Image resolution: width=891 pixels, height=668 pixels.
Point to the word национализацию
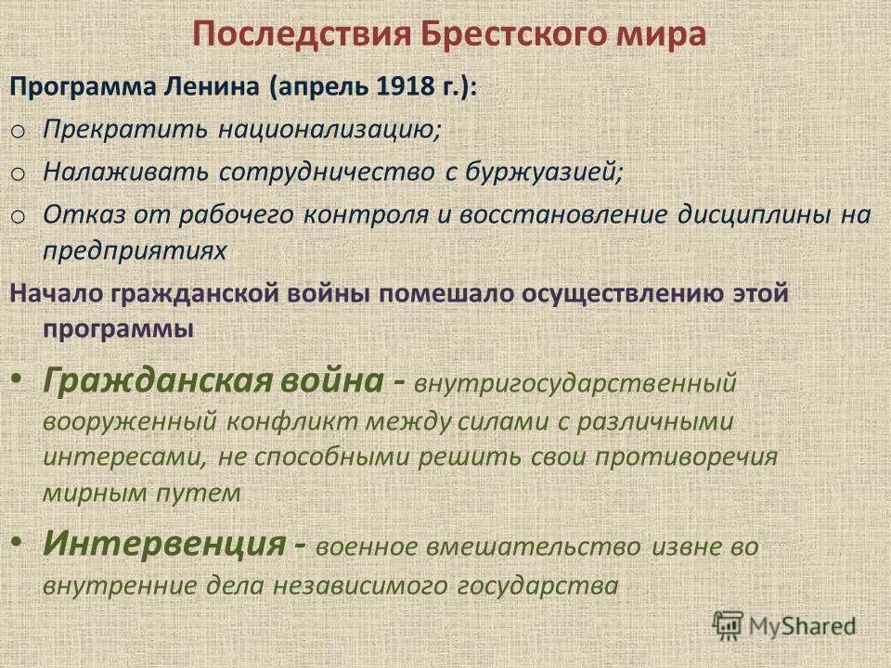pyautogui.click(x=329, y=130)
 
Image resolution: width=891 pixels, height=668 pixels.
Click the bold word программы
pyautogui.click(x=116, y=329)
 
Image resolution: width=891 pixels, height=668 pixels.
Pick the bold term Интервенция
pyautogui.click(x=163, y=543)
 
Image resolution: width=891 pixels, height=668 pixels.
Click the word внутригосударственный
pyautogui.click(x=575, y=381)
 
